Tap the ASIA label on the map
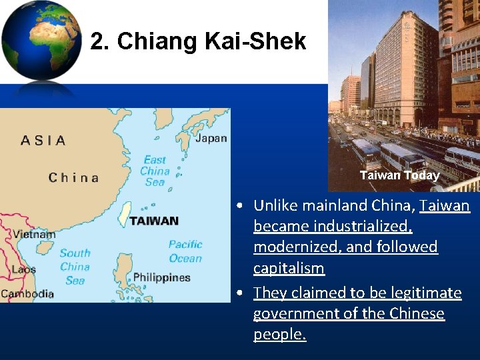point(43,140)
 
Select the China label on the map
point(73,177)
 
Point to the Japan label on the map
point(211,139)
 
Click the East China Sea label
point(155,171)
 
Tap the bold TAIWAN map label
point(154,221)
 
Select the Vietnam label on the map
point(34,235)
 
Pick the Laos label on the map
point(24,269)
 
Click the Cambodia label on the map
point(27,293)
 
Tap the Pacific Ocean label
point(185,251)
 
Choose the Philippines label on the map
point(161,277)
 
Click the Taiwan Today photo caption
point(399,175)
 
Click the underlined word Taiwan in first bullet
point(445,205)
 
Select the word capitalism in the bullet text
point(289,269)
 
